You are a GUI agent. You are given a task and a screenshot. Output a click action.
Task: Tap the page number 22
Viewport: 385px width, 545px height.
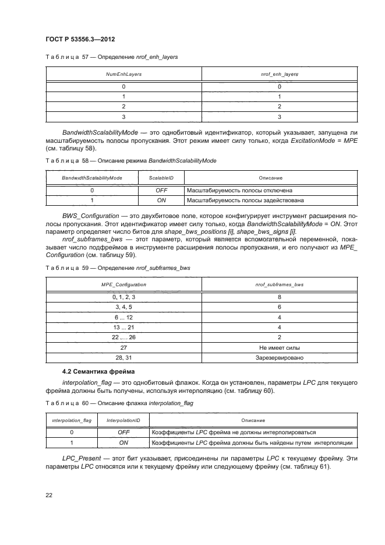[x=49, y=495]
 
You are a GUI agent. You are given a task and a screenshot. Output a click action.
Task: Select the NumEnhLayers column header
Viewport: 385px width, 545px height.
[x=123, y=75]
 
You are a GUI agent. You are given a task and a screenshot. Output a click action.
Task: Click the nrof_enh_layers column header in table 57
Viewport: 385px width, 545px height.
[x=280, y=75]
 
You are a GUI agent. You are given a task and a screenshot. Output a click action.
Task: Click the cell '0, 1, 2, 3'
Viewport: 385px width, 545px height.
[x=123, y=297]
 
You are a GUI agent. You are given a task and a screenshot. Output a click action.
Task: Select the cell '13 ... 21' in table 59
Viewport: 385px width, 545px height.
[x=123, y=328]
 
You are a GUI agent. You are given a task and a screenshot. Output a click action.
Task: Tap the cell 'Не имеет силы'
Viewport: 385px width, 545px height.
[x=280, y=348]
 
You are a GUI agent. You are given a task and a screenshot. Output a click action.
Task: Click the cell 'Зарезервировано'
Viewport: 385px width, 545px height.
[x=280, y=358]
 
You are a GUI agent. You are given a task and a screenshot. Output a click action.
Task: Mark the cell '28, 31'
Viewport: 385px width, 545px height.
[x=123, y=358]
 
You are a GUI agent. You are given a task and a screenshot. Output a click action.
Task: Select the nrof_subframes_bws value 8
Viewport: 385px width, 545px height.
[x=280, y=297]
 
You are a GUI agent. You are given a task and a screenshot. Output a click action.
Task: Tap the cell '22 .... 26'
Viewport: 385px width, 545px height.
[x=123, y=337]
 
